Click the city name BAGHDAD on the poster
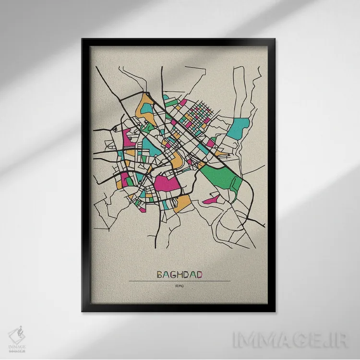pos(180,275)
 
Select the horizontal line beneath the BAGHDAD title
pos(180,281)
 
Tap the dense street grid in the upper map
pos(197,115)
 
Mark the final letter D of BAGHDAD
pos(199,275)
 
